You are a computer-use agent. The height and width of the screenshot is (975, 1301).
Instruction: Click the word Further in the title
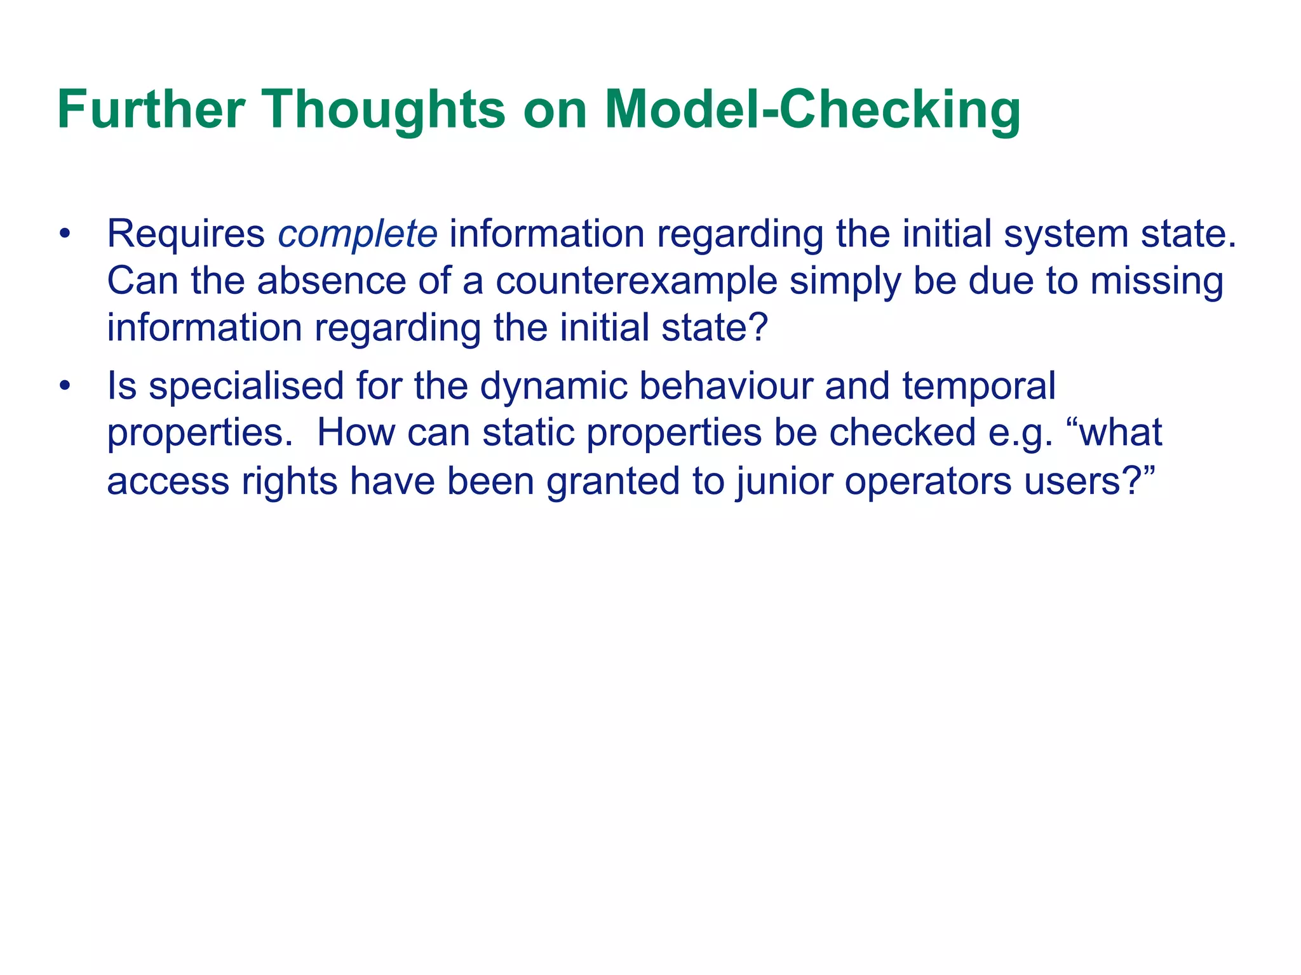151,109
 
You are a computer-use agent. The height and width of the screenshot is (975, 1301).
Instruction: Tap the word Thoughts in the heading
384,109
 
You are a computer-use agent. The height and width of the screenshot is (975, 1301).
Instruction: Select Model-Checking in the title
812,109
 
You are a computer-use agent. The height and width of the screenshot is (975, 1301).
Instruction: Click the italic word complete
358,234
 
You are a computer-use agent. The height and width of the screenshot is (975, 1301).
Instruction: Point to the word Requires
185,234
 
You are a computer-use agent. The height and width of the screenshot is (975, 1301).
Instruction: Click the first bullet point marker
64,234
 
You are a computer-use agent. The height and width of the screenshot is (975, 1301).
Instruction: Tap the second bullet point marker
64,386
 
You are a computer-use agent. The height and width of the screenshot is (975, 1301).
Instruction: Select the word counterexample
637,281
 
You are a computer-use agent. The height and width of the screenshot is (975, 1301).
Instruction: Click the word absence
331,281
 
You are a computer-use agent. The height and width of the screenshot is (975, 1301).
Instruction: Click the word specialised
246,386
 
